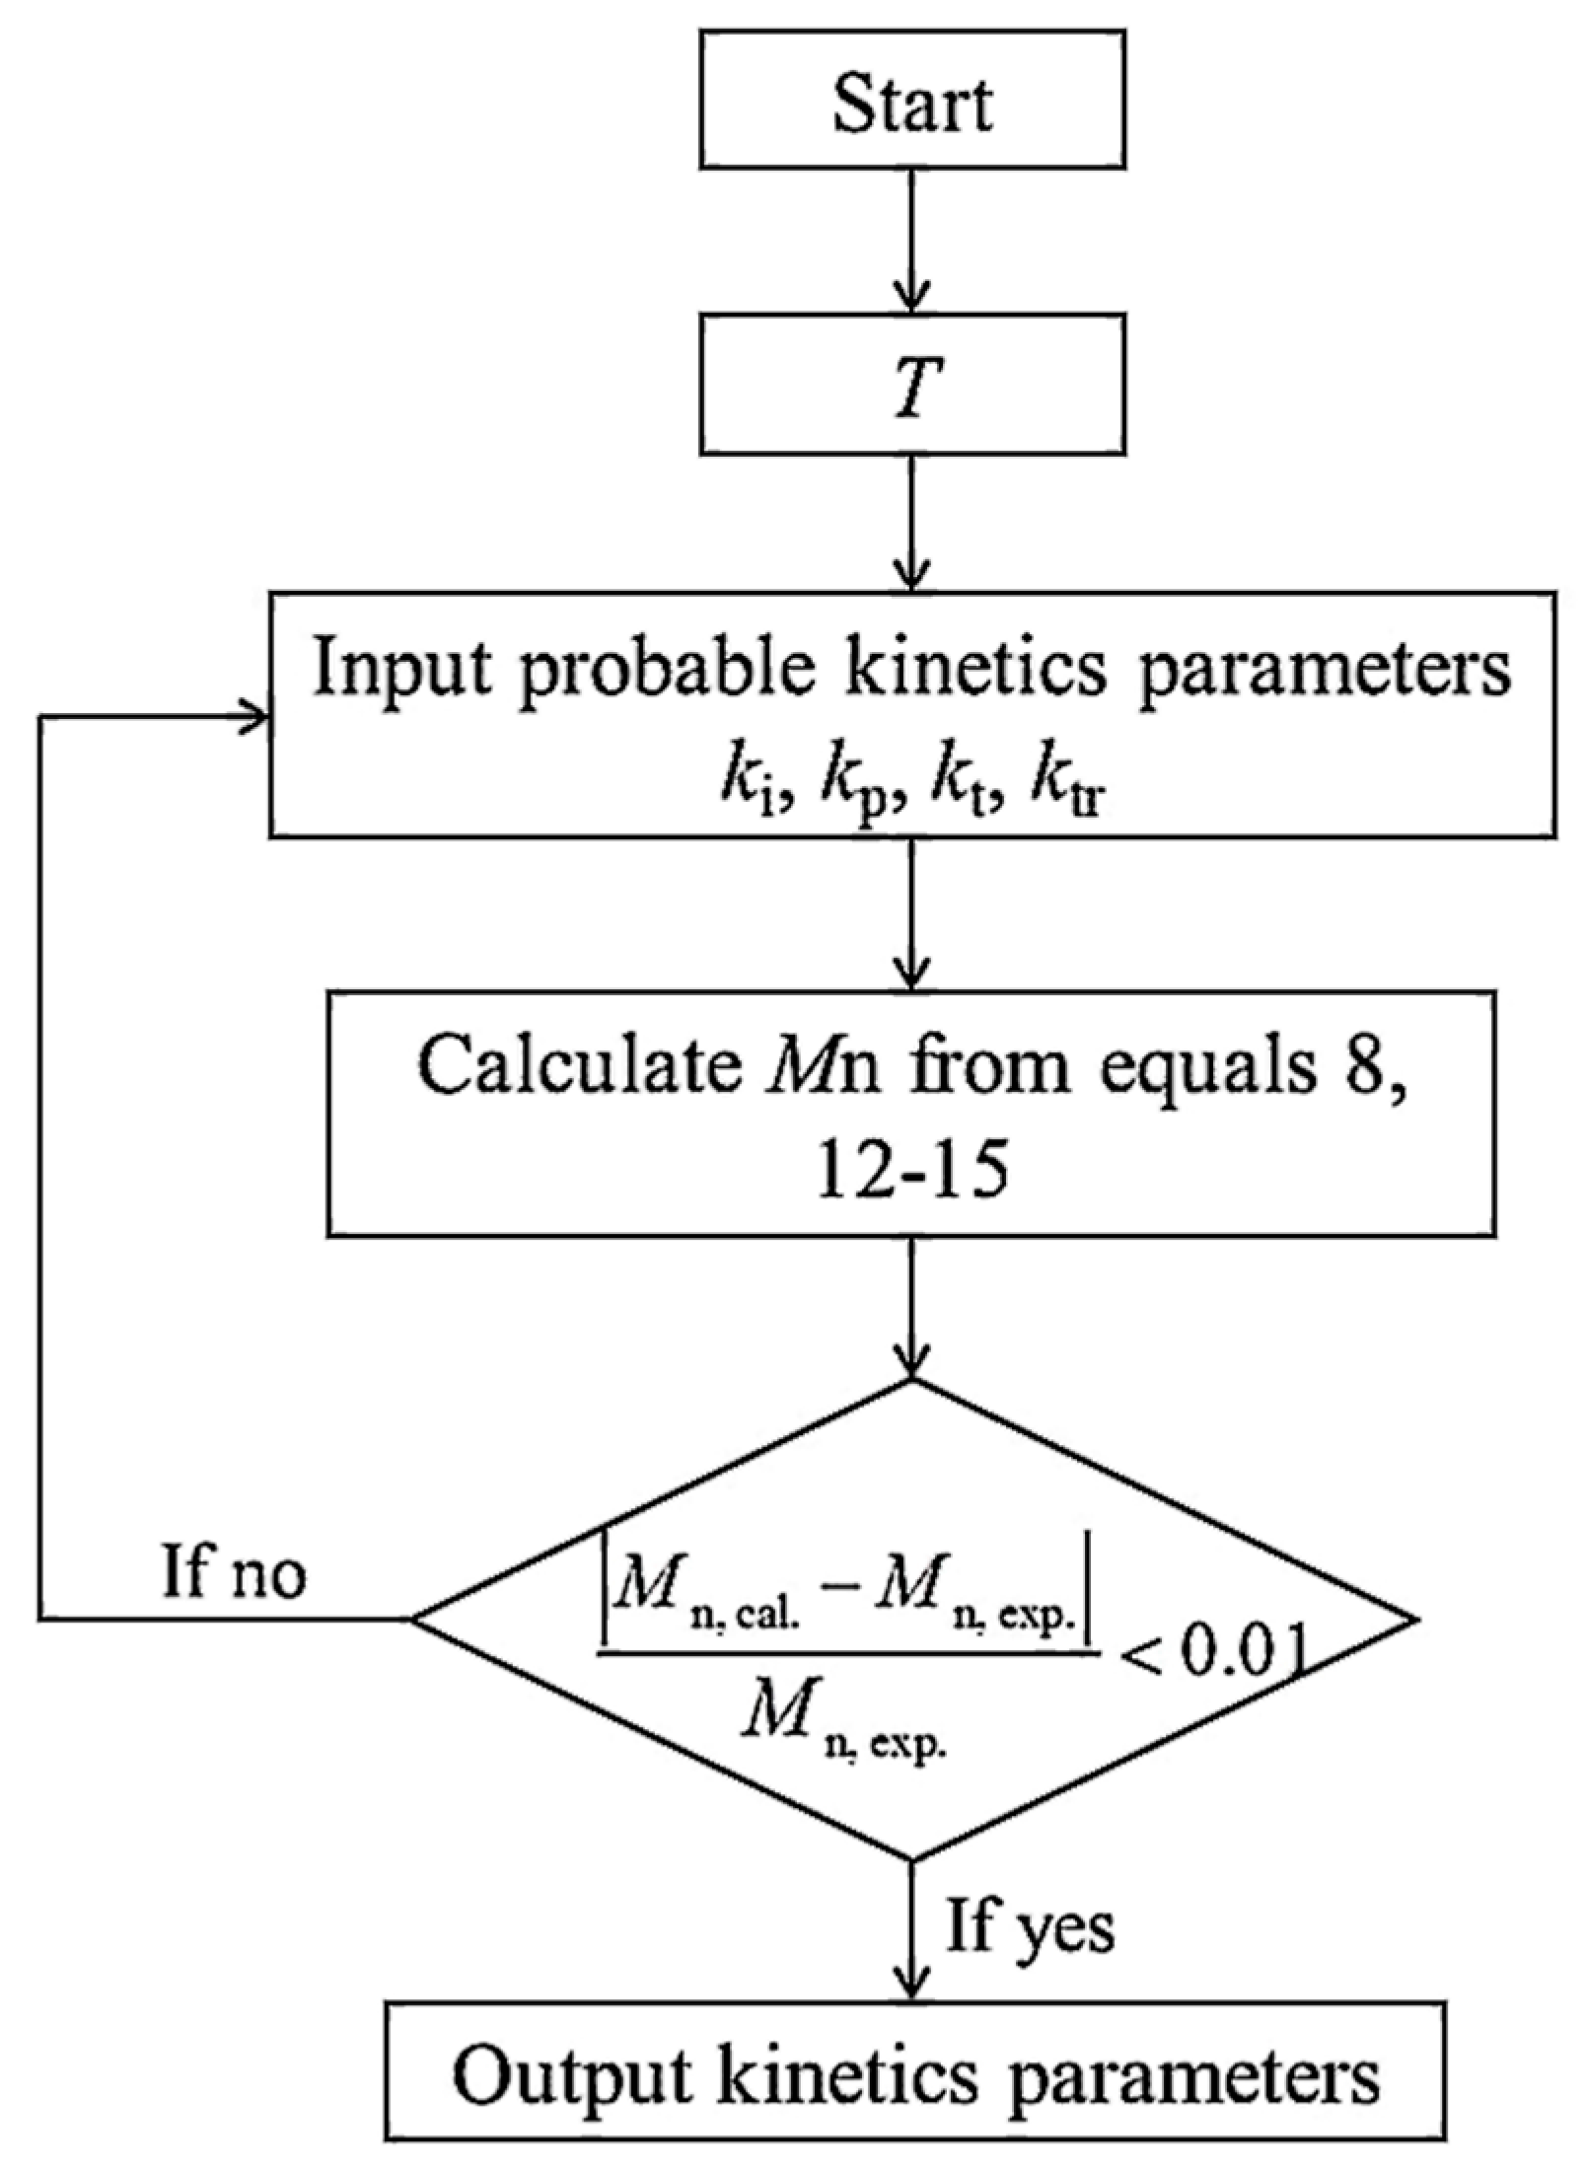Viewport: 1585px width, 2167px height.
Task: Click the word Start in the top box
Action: [x=911, y=105]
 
